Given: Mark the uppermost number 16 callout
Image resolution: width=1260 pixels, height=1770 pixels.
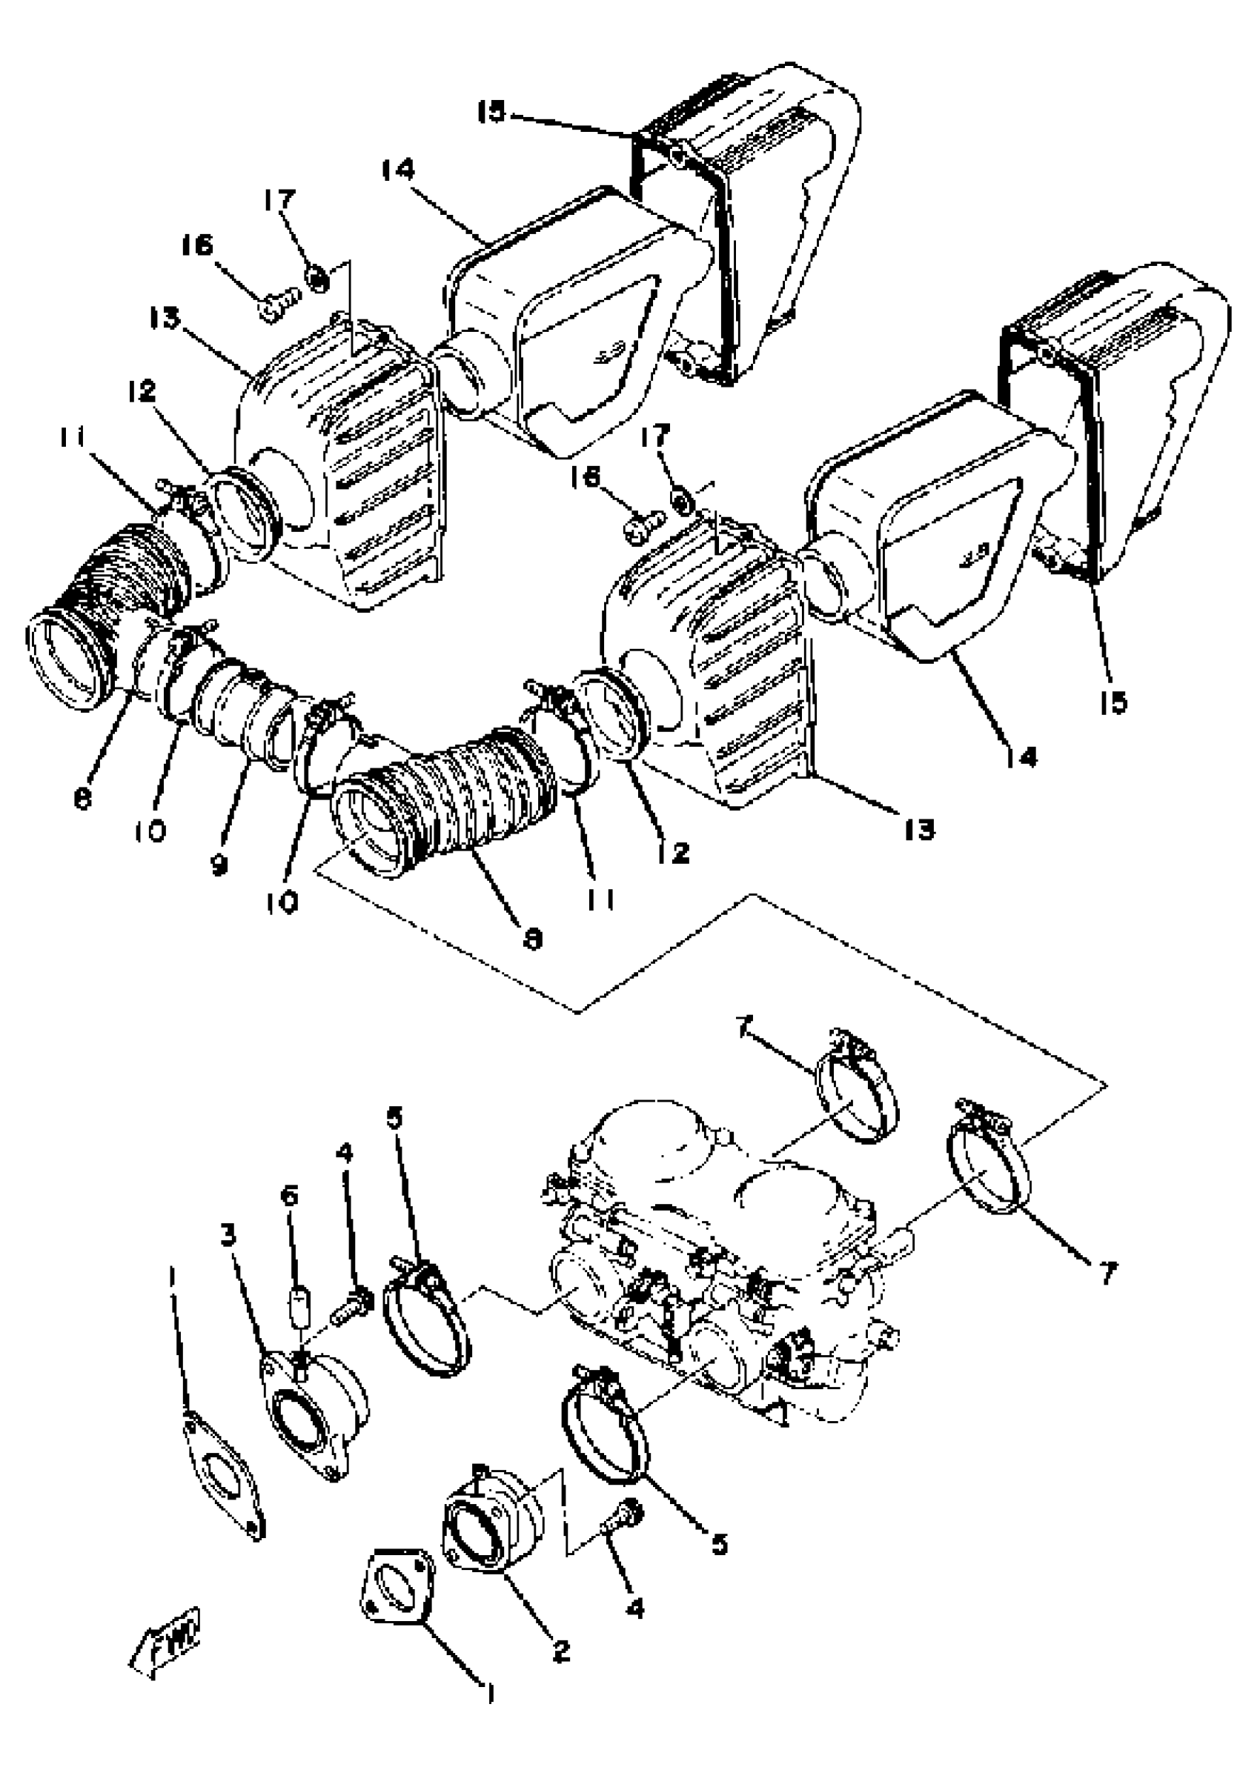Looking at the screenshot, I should pos(197,246).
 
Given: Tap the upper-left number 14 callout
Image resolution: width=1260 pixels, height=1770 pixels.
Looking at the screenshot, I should pos(398,170).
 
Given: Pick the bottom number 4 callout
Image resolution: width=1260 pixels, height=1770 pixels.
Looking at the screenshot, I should pos(634,1608).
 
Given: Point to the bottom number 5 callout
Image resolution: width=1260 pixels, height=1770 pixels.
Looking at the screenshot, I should pos(719,1544).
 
